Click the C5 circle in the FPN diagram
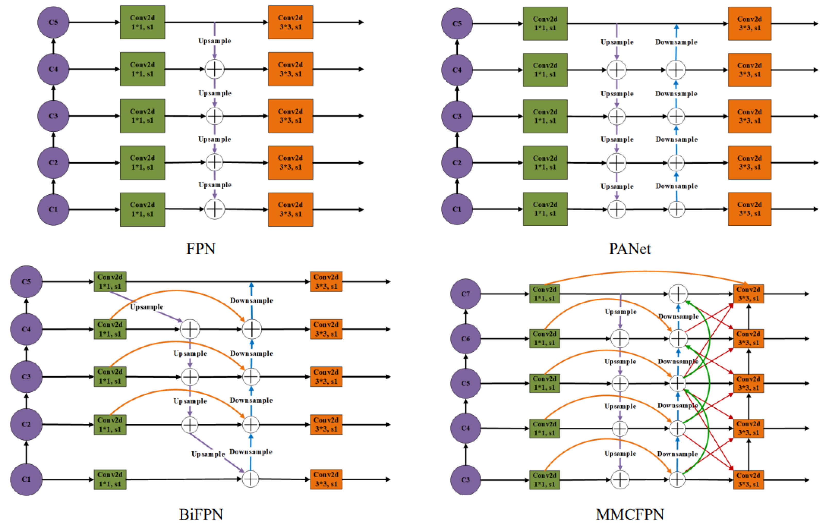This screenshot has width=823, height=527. pyautogui.click(x=53, y=22)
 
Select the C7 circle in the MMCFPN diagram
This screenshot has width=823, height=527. pyautogui.click(x=465, y=294)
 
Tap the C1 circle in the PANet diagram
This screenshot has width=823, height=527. pyautogui.click(x=457, y=209)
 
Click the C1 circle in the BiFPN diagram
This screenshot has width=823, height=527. pyautogui.click(x=26, y=479)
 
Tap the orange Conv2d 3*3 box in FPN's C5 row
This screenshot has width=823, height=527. pyautogui.click(x=290, y=22)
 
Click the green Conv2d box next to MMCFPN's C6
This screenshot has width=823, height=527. pyautogui.click(x=544, y=338)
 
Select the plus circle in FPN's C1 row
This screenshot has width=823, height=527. pyautogui.click(x=215, y=209)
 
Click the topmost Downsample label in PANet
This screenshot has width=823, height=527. pyautogui.click(x=676, y=42)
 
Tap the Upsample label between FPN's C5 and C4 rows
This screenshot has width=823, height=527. pyautogui.click(x=215, y=41)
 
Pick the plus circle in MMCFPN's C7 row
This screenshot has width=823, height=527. pyautogui.click(x=678, y=294)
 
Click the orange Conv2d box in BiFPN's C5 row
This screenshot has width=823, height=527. pyautogui.click(x=326, y=282)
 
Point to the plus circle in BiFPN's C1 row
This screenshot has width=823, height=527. pyautogui.click(x=250, y=479)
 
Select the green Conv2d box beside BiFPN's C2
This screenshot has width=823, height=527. pyautogui.click(x=110, y=424)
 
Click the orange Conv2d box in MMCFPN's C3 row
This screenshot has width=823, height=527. pyautogui.click(x=748, y=479)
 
